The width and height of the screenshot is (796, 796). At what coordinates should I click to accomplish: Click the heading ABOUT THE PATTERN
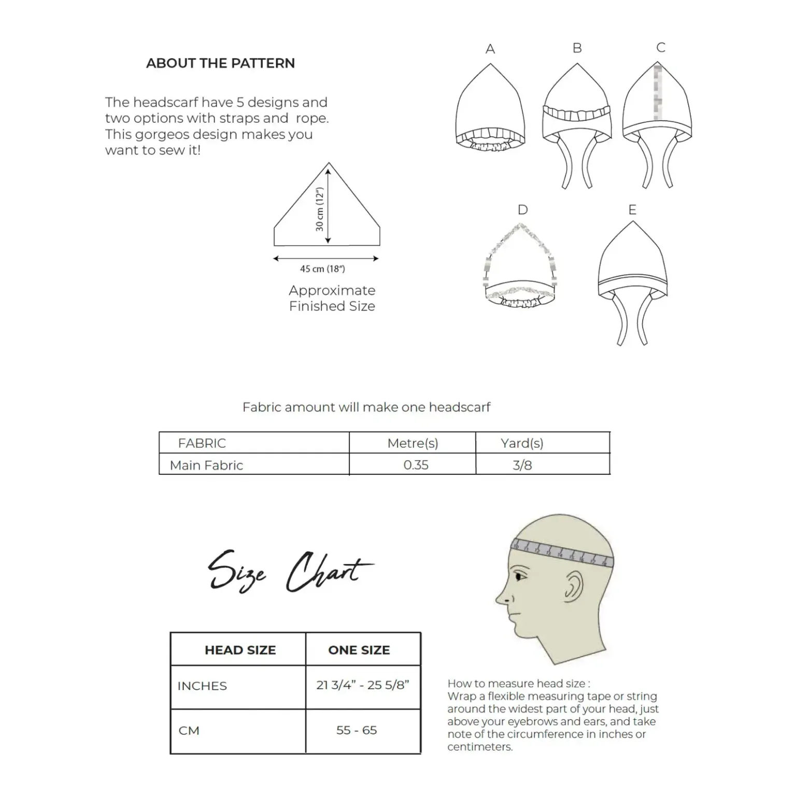click(x=220, y=63)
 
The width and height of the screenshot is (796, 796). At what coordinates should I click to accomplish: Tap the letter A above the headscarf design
click(x=490, y=49)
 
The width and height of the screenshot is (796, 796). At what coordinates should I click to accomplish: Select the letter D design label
click(x=522, y=210)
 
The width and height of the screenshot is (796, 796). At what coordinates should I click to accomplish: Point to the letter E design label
click(x=632, y=210)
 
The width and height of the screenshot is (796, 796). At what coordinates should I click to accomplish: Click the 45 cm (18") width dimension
click(x=322, y=269)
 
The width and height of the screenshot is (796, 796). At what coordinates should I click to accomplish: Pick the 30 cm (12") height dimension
click(x=320, y=209)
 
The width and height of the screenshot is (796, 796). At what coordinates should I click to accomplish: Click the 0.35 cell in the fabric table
click(x=416, y=465)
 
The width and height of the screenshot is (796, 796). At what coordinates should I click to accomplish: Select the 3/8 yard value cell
click(x=522, y=465)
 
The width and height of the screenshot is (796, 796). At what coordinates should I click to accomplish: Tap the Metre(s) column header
click(x=413, y=443)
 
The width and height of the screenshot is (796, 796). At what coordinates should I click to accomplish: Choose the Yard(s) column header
click(x=522, y=443)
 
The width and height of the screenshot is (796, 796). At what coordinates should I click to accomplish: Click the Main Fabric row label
click(x=206, y=465)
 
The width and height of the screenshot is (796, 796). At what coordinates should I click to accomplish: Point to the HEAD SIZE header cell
click(x=240, y=650)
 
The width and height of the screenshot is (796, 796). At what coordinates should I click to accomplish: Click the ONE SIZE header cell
click(x=359, y=650)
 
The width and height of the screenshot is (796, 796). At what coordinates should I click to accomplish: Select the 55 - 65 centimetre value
click(x=357, y=730)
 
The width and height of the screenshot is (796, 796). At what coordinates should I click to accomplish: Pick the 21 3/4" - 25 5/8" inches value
click(x=363, y=685)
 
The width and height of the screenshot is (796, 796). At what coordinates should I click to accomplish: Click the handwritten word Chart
click(x=328, y=572)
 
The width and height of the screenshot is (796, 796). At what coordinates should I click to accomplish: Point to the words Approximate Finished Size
click(x=332, y=298)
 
